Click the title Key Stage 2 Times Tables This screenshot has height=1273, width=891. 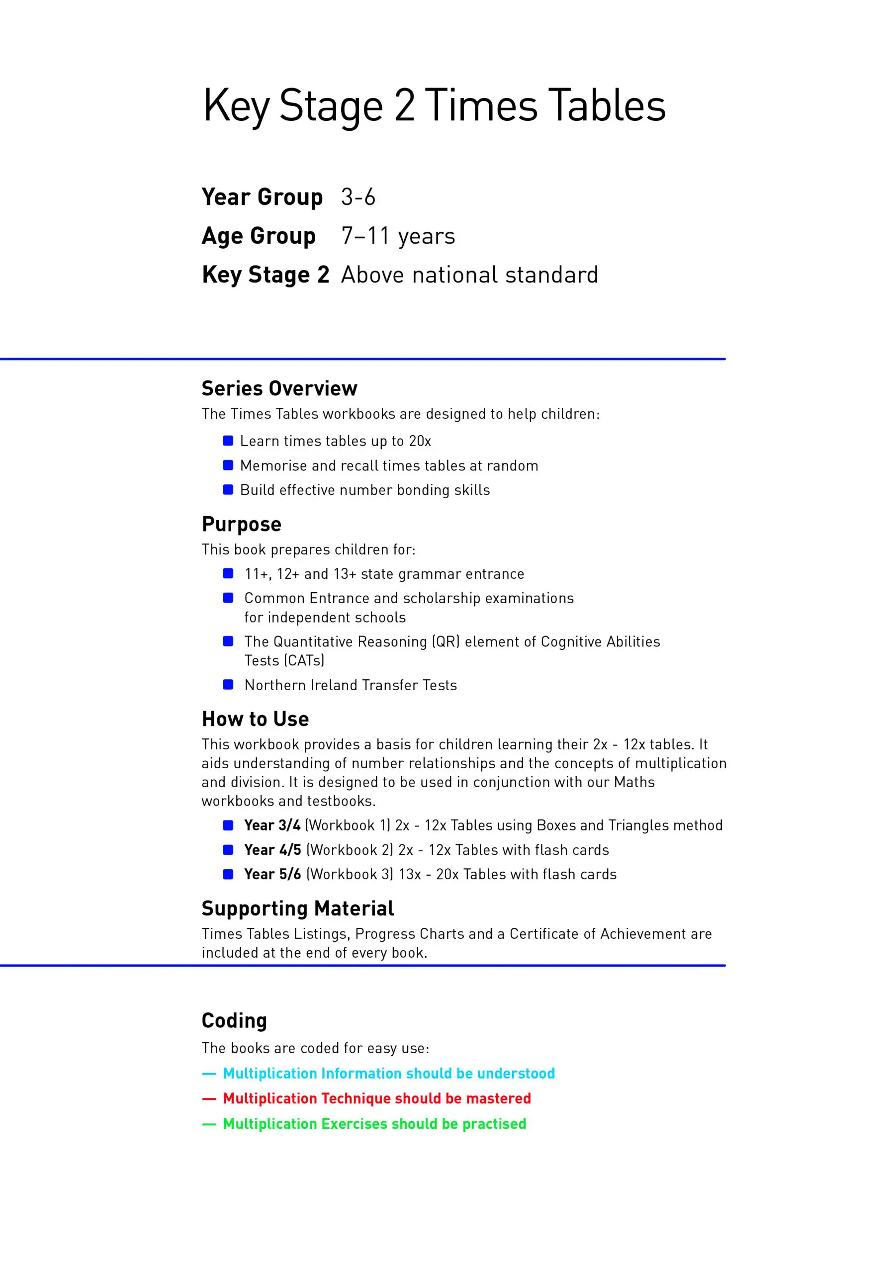pyautogui.click(x=434, y=105)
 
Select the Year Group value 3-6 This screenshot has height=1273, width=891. pyautogui.click(x=358, y=197)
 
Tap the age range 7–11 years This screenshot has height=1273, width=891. pyautogui.click(x=398, y=236)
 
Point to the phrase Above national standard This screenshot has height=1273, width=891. pyautogui.click(x=469, y=275)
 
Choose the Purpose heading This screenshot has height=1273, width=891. pyautogui.click(x=241, y=524)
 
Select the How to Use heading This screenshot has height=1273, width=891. pyautogui.click(x=255, y=719)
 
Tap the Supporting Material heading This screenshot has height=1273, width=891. pyautogui.click(x=297, y=909)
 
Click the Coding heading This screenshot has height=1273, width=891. pyautogui.click(x=234, y=1021)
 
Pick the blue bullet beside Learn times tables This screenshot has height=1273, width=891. pyautogui.click(x=228, y=441)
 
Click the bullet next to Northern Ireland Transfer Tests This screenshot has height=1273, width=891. pyautogui.click(x=228, y=685)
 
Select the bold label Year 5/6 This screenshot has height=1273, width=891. pyautogui.click(x=272, y=874)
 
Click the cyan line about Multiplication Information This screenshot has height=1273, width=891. pyautogui.click(x=388, y=1074)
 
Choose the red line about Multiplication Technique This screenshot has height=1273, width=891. pyautogui.click(x=376, y=1098)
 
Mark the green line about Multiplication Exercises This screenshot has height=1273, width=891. pyautogui.click(x=374, y=1124)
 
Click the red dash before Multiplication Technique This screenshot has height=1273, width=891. pyautogui.click(x=209, y=1099)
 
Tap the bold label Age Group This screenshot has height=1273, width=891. pyautogui.click(x=259, y=236)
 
